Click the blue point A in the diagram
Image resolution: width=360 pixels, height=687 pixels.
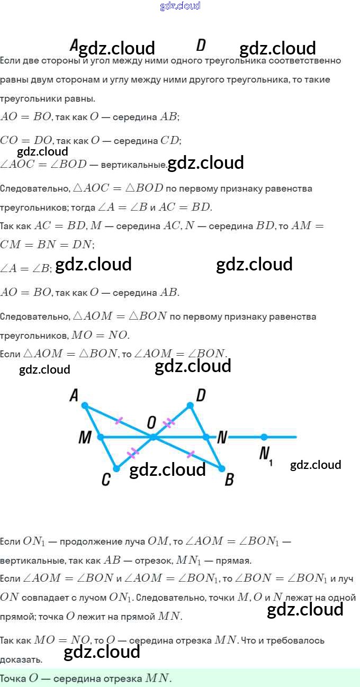click(85, 405)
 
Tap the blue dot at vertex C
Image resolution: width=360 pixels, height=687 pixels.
click(116, 468)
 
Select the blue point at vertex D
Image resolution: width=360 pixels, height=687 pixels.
click(191, 405)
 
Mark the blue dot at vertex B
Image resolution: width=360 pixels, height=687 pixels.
click(222, 468)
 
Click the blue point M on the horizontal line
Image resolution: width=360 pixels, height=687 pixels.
click(101, 437)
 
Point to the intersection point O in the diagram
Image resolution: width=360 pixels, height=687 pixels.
click(154, 437)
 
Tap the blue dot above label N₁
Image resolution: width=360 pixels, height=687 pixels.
click(264, 437)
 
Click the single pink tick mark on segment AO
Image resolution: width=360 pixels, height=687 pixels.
click(119, 421)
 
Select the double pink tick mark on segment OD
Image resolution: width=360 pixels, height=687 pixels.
click(169, 422)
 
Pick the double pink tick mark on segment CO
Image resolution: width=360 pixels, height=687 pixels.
click(133, 453)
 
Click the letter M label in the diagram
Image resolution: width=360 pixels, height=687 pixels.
click(85, 438)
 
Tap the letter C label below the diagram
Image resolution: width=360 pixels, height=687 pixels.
click(106, 480)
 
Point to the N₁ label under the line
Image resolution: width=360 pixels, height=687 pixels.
click(265, 455)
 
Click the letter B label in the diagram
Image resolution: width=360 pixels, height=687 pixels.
click(229, 480)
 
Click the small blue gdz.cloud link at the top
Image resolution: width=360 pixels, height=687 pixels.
click(180, 6)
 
